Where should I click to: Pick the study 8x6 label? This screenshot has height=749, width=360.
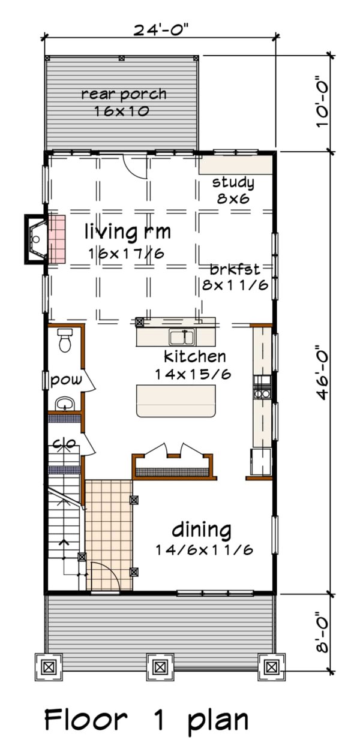click(x=233, y=190)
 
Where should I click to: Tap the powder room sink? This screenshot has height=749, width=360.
click(x=64, y=402)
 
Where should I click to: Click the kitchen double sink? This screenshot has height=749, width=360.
click(x=181, y=337)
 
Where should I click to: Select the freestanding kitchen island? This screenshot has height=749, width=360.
click(x=176, y=401)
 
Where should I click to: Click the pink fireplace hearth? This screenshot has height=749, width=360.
click(x=56, y=239)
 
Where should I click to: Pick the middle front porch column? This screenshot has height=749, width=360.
click(x=159, y=666)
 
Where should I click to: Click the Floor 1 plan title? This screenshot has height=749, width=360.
click(x=146, y=720)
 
